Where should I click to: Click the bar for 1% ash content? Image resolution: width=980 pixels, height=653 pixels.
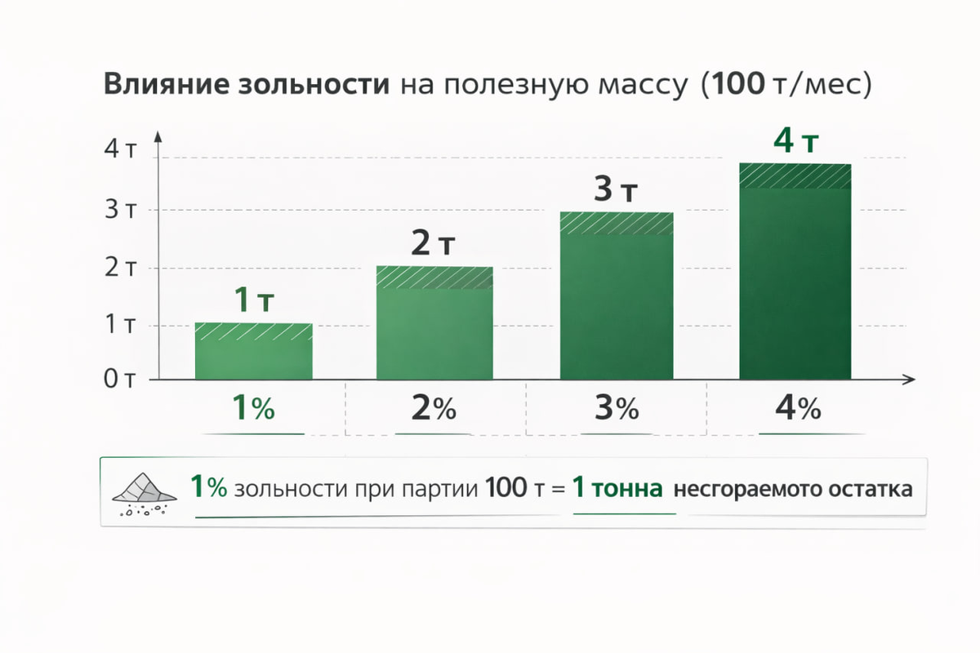[254, 351]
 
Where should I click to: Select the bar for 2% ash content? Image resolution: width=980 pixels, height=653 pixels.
[434, 322]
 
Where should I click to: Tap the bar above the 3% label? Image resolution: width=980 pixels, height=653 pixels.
[617, 295]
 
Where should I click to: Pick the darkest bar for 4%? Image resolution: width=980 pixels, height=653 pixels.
[795, 271]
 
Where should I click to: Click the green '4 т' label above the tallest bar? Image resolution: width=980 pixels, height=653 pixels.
[795, 141]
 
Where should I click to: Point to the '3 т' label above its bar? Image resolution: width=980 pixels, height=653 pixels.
[616, 189]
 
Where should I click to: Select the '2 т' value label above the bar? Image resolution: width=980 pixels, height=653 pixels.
[433, 242]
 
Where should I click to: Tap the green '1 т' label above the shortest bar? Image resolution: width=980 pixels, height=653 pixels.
[254, 300]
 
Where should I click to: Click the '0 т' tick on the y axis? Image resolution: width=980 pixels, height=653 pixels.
[119, 379]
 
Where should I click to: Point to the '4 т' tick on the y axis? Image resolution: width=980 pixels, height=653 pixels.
[120, 149]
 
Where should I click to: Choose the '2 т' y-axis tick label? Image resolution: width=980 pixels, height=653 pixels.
[120, 268]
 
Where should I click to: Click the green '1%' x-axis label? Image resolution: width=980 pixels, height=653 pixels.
[253, 407]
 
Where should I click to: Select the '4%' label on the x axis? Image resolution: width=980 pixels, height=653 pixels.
[798, 408]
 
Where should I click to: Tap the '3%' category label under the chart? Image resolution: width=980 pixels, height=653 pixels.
[617, 408]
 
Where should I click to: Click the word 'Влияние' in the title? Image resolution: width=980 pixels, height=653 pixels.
[167, 83]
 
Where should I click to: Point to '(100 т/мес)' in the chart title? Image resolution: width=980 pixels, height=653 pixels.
[786, 84]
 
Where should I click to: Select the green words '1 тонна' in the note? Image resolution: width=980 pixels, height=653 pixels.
[617, 487]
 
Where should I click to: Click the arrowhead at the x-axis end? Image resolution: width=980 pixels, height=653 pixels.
[909, 380]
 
